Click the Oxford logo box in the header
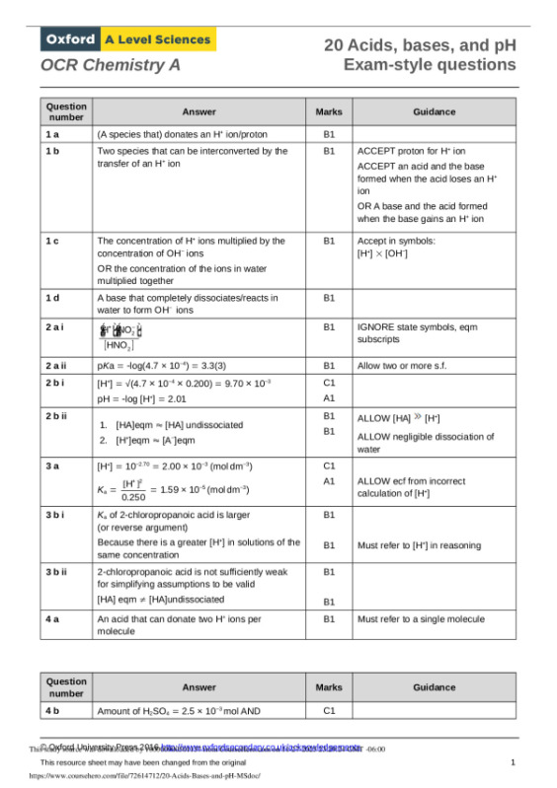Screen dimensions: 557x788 pos(69,39)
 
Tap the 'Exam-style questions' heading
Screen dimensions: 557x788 pos(430,65)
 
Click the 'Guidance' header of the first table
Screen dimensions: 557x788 pos(434,111)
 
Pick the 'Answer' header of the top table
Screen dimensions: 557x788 pos(199,111)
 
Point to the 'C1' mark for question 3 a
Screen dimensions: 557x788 pos(329,465)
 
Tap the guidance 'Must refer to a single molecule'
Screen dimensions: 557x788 pos(421,618)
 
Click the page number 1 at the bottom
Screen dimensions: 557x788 pos(514,763)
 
